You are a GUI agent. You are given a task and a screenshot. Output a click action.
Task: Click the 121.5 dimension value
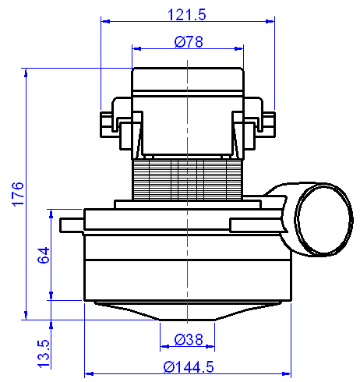[x=189, y=15]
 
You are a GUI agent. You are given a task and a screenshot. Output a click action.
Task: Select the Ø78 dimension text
[x=189, y=42]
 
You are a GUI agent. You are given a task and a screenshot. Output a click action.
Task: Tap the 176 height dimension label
[x=19, y=195]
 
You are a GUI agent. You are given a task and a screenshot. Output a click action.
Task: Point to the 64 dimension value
[x=44, y=254]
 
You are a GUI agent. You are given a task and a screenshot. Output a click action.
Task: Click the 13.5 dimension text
[x=44, y=352]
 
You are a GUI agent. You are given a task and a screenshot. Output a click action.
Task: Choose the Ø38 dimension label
[x=188, y=339]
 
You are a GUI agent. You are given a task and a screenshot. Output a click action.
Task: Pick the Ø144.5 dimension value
[x=188, y=366]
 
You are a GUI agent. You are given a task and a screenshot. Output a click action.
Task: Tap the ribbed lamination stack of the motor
[x=188, y=179]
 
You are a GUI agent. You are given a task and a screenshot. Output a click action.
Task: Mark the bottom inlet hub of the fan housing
[x=188, y=319]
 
